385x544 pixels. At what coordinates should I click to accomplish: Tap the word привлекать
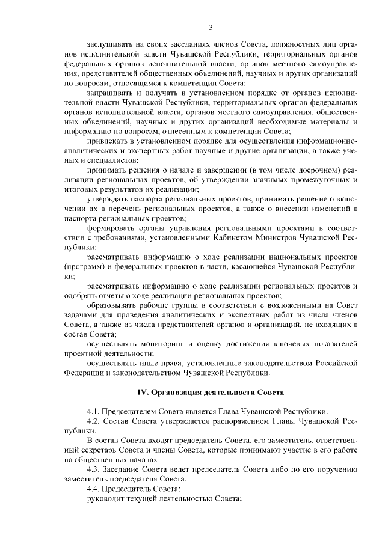click(106, 140)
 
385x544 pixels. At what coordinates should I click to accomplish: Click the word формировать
click(109, 228)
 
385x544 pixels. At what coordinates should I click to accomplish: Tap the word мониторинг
click(164, 344)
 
